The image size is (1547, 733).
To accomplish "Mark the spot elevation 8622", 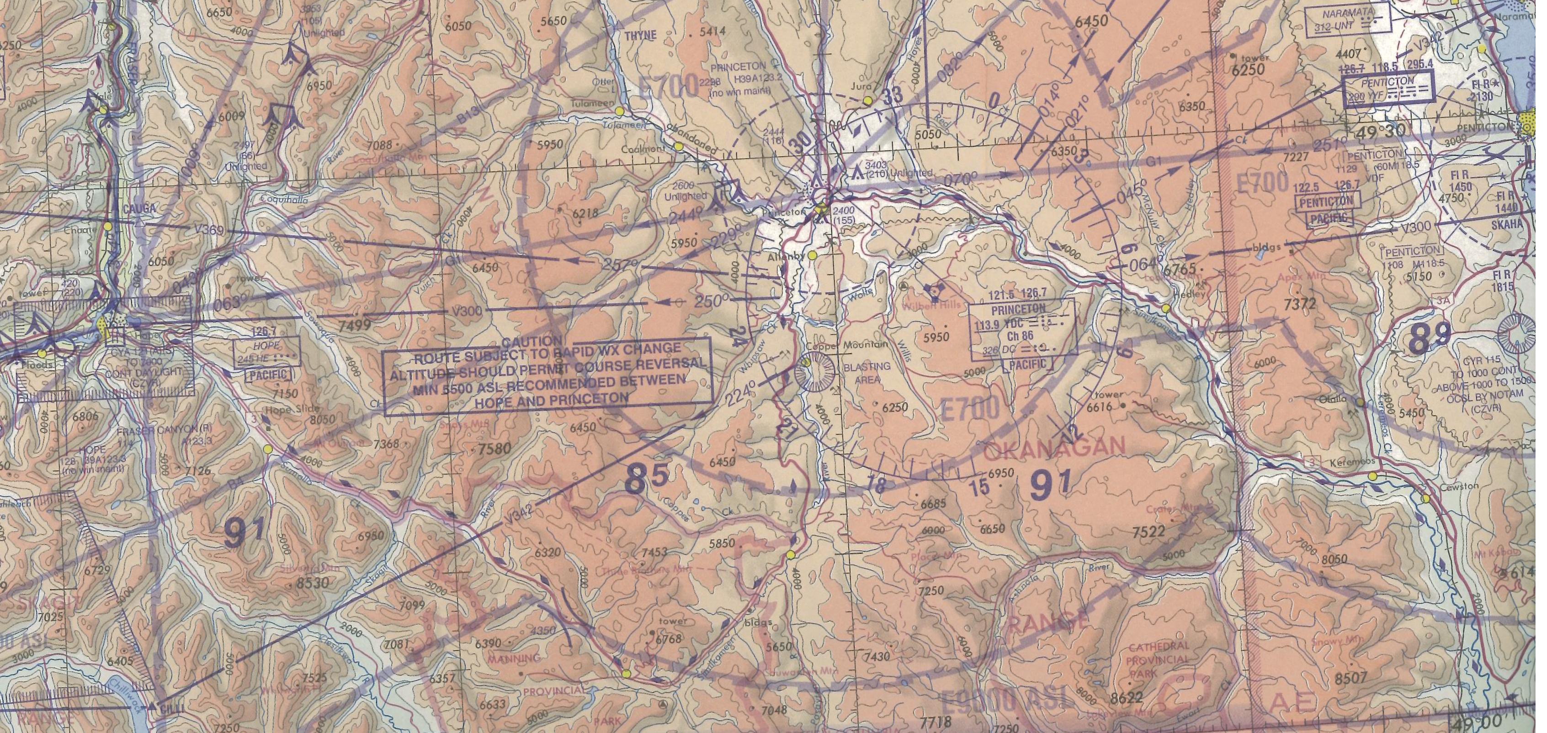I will coord(1127,698).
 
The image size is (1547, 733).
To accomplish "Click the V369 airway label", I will coord(208,229).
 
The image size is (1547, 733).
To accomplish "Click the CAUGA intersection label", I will coord(139,208).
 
